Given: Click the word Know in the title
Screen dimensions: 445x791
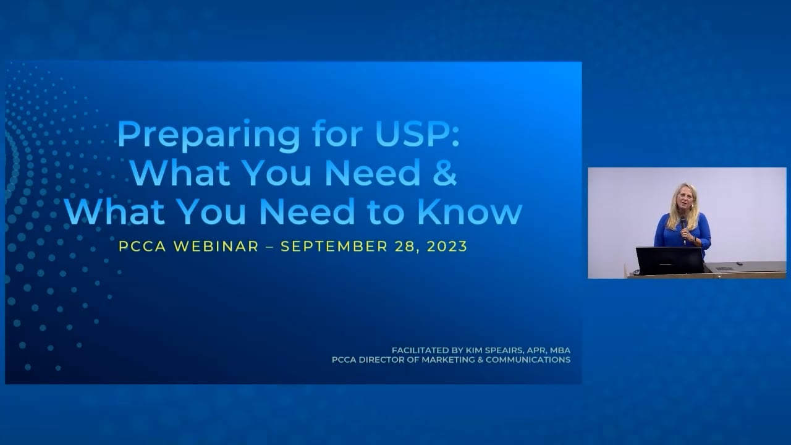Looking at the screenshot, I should pyautogui.click(x=470, y=211).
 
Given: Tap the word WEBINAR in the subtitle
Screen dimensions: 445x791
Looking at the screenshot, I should pyautogui.click(x=216, y=246).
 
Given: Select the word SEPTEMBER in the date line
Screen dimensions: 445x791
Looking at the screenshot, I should pyautogui.click(x=334, y=246).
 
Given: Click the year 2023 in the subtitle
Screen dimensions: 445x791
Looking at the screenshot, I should pyautogui.click(x=446, y=246).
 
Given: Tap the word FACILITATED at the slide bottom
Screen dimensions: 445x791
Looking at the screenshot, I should pyautogui.click(x=420, y=350).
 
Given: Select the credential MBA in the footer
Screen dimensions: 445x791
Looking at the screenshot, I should pyautogui.click(x=560, y=350).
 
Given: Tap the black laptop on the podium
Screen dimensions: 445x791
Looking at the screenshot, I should pyautogui.click(x=669, y=260).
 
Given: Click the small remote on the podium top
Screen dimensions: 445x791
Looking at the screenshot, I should pyautogui.click(x=724, y=268).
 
